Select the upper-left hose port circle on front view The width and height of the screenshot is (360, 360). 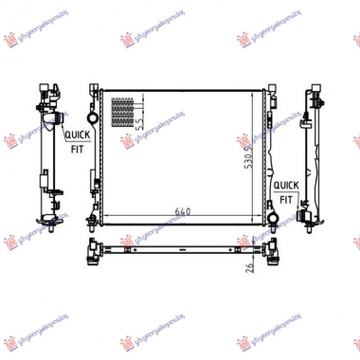(93, 117)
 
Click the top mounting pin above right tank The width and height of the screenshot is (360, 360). (262, 87)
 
